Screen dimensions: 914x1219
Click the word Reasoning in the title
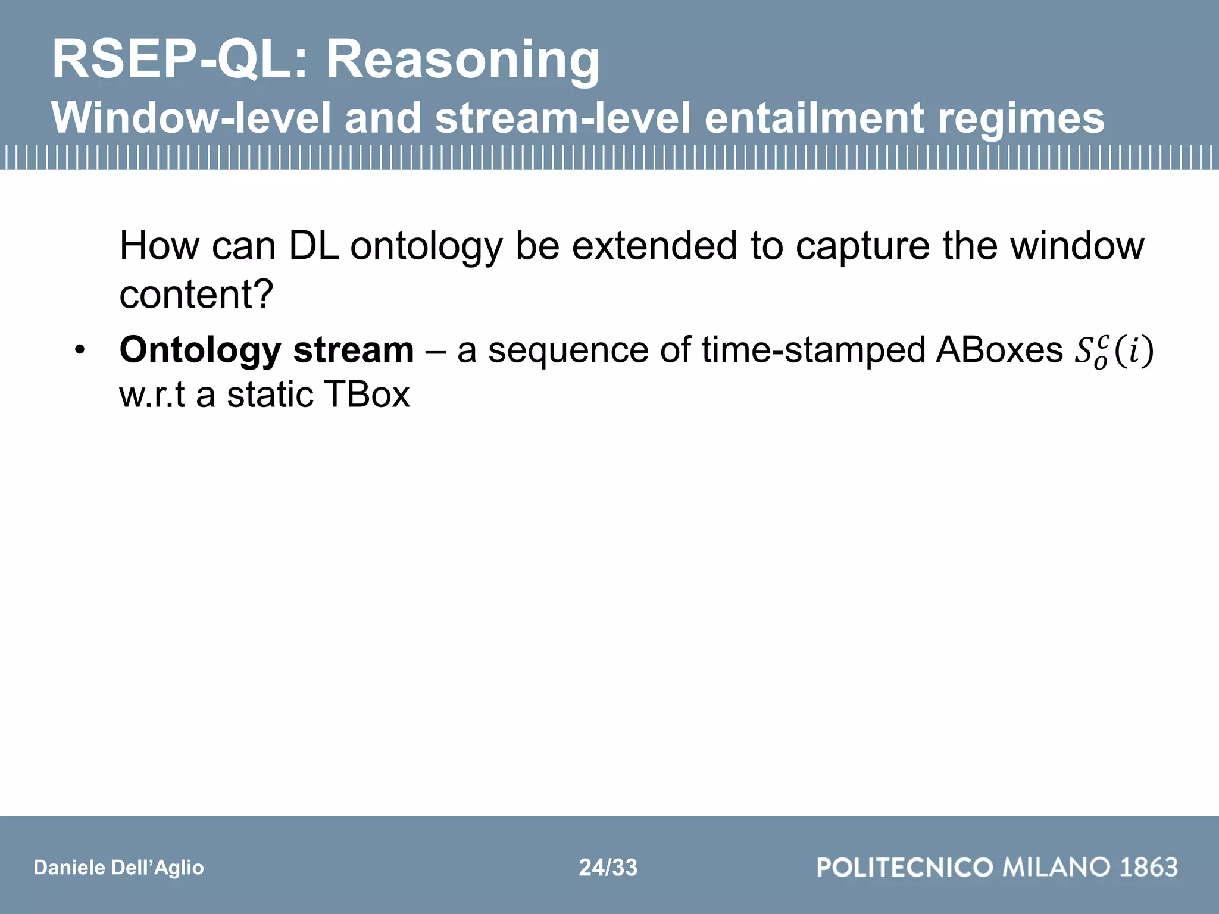pos(463,61)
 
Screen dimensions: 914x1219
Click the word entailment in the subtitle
pos(814,118)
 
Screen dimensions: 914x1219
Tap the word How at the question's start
pos(159,246)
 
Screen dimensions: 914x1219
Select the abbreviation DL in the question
pos(314,246)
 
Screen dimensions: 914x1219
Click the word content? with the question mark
pos(196,294)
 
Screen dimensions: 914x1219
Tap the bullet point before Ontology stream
pos(80,351)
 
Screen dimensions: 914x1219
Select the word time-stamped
pos(812,350)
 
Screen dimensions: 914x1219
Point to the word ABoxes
pos(999,350)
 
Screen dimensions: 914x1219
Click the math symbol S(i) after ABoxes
pos(1113,351)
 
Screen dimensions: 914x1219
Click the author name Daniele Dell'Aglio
pos(118,868)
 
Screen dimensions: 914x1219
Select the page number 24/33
pos(608,868)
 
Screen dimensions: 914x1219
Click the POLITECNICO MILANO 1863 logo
pos(997,867)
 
